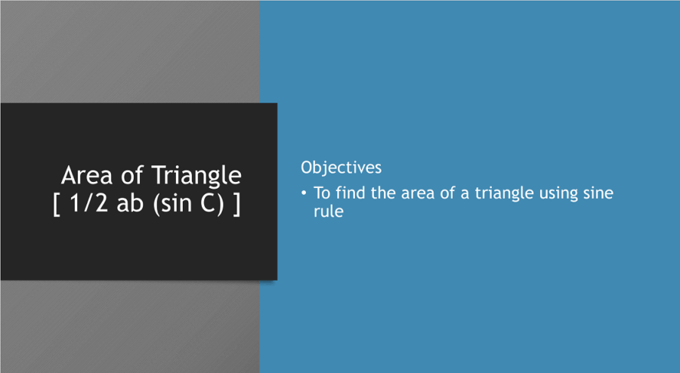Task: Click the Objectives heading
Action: (341, 167)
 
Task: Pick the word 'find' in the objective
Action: (351, 193)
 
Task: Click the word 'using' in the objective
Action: (559, 194)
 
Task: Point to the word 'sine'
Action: (598, 193)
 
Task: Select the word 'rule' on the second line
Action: (329, 212)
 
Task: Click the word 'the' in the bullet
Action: (383, 193)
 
